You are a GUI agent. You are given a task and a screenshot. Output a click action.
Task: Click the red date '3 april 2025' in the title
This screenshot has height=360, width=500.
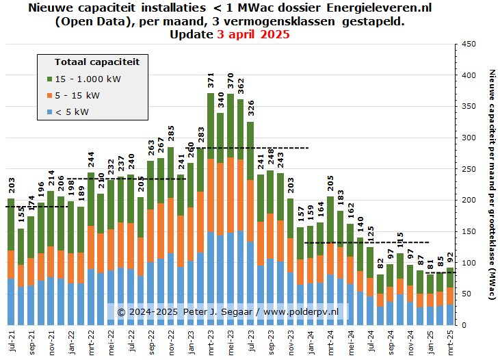[252, 34]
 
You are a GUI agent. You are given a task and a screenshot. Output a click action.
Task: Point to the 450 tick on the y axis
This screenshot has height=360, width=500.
[469, 44]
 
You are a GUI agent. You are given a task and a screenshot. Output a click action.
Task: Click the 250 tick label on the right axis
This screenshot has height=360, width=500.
[469, 169]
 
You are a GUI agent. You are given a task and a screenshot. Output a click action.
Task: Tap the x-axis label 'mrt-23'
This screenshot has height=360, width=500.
[211, 340]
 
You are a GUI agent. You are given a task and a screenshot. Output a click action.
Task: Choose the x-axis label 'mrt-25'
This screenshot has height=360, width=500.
[450, 340]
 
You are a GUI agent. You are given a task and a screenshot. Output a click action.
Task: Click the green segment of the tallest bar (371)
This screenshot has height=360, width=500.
[211, 127]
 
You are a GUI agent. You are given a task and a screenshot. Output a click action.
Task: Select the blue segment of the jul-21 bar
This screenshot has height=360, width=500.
[11, 302]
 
